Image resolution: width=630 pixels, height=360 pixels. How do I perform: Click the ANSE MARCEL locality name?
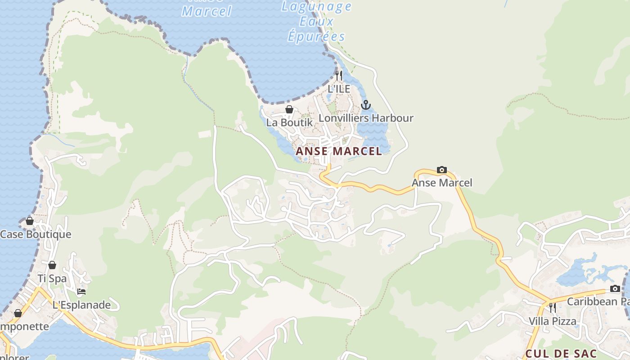(x=338, y=151)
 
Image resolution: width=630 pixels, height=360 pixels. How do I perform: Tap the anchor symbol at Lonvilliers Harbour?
(x=366, y=105)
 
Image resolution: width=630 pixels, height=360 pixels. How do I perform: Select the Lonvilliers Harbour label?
(x=366, y=118)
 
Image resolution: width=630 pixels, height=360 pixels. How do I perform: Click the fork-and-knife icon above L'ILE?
(x=339, y=75)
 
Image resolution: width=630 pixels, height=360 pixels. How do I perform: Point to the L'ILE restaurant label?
(x=339, y=89)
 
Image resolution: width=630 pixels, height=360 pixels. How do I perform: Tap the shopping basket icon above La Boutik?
(x=289, y=109)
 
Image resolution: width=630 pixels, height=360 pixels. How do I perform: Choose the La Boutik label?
(x=289, y=122)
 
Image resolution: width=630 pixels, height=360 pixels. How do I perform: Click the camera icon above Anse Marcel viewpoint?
(x=442, y=170)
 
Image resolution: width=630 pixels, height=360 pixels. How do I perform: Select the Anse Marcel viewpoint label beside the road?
(x=442, y=183)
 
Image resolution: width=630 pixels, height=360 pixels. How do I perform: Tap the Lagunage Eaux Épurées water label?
(x=316, y=21)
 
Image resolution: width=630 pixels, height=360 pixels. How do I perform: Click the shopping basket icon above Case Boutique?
(x=30, y=221)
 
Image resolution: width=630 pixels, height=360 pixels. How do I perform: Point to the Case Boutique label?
(x=36, y=234)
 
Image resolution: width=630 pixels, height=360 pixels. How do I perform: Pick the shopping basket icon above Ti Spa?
(x=52, y=265)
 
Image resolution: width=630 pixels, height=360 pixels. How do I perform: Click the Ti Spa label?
(x=52, y=279)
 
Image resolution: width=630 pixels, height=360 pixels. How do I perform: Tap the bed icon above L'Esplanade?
(x=81, y=292)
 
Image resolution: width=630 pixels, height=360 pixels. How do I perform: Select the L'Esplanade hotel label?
(x=81, y=305)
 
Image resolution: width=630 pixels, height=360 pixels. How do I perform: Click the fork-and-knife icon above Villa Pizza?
(x=552, y=308)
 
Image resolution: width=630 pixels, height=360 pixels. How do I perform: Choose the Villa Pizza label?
(x=552, y=321)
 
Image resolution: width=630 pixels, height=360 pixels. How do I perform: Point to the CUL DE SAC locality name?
(x=561, y=354)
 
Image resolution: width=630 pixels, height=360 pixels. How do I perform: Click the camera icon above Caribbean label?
(x=615, y=288)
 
